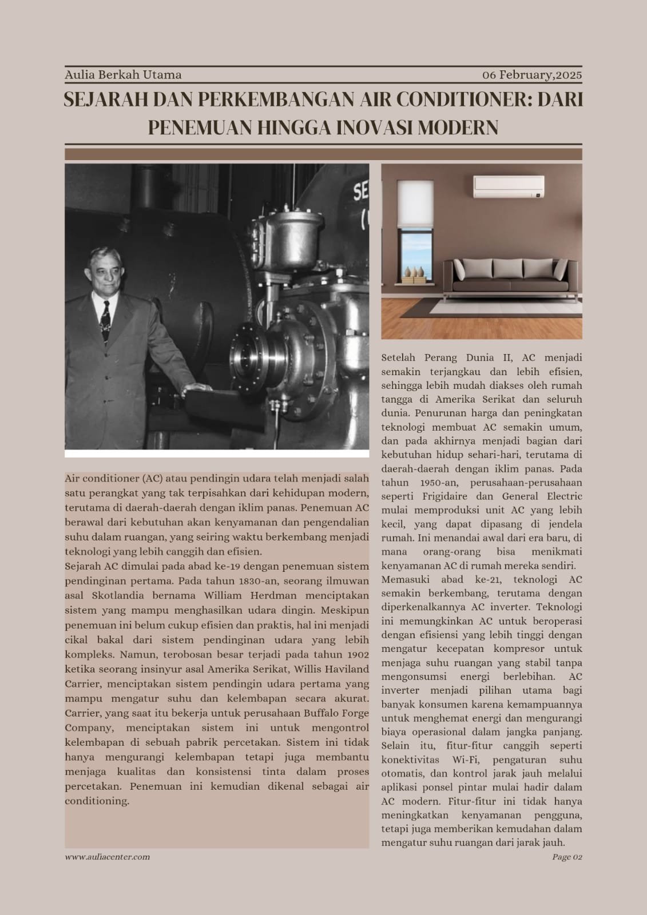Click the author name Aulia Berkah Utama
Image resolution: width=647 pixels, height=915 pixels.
point(123,75)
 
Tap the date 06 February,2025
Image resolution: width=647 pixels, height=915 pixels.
point(532,75)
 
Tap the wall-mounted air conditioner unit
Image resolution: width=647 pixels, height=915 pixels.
point(508,186)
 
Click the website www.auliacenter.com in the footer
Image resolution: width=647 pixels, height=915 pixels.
point(108,857)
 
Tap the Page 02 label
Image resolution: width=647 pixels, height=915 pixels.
point(567,857)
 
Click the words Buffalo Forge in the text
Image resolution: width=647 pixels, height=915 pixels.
point(337,713)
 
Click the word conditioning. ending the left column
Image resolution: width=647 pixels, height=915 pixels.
point(97,801)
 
